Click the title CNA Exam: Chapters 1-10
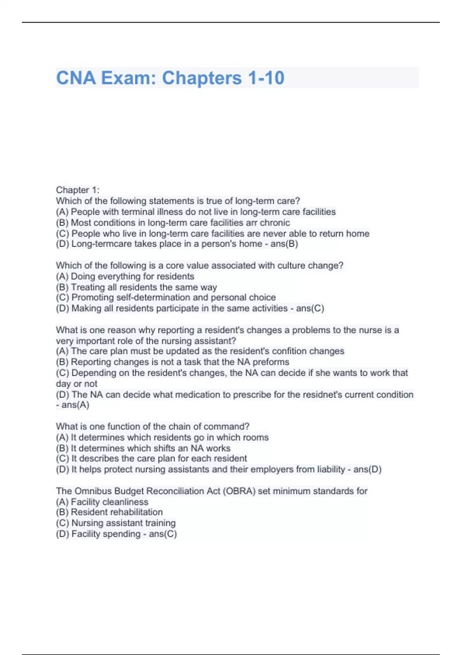pos(170,78)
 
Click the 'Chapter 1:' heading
pos(77,190)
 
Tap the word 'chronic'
pos(275,223)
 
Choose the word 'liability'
pos(331,470)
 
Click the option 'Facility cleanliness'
pos(109,502)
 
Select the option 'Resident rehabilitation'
pos(117,512)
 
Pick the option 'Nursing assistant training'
pos(123,523)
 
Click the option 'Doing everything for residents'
pos(132,277)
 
